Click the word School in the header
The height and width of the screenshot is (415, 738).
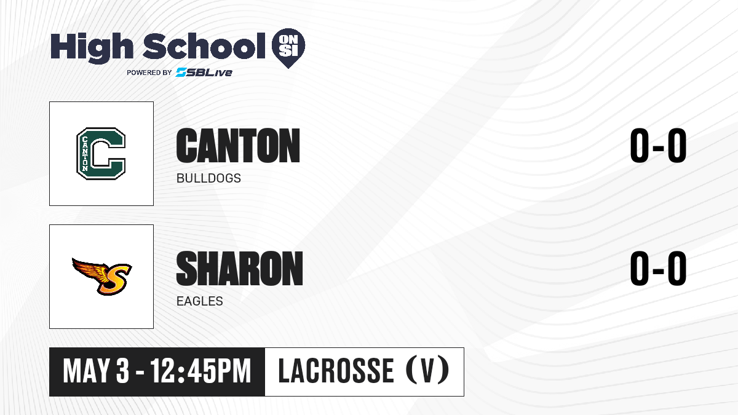(204, 45)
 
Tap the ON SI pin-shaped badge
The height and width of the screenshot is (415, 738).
(288, 48)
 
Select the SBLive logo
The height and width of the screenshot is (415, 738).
(204, 72)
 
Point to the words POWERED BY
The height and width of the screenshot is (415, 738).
(149, 73)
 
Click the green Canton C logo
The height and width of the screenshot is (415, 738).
(101, 154)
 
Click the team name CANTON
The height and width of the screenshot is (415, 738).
(238, 146)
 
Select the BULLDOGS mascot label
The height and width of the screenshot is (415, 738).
(208, 178)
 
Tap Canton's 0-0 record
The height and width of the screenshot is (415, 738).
(658, 146)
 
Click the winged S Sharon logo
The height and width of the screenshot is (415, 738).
(102, 276)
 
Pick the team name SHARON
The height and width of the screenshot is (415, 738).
(239, 268)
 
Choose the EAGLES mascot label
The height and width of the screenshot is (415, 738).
(200, 301)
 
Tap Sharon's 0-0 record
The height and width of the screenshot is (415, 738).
(658, 268)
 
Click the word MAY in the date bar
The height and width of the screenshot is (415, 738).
(86, 371)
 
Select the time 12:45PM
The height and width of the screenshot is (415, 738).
(200, 371)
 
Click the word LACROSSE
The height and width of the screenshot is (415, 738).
(336, 371)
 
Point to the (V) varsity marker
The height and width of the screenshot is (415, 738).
(427, 371)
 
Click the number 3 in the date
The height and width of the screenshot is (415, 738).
(122, 371)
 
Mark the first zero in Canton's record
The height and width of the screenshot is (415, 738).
(639, 146)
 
